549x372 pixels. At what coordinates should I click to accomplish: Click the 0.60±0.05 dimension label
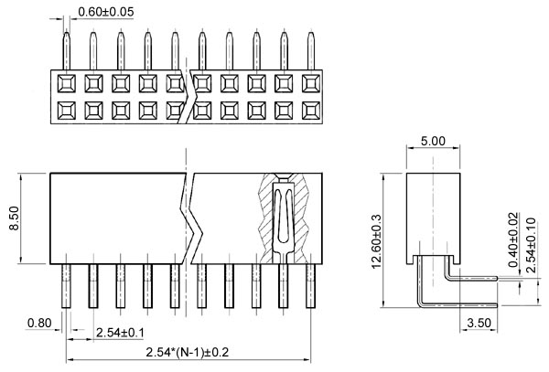106,12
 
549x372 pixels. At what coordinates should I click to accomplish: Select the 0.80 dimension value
39,323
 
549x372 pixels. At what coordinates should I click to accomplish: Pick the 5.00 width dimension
432,142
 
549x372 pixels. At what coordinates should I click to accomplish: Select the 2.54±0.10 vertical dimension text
532,239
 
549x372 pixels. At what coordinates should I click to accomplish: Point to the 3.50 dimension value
479,323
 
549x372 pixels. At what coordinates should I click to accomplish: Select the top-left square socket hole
66,85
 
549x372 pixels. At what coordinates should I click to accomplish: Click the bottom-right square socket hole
311,112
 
